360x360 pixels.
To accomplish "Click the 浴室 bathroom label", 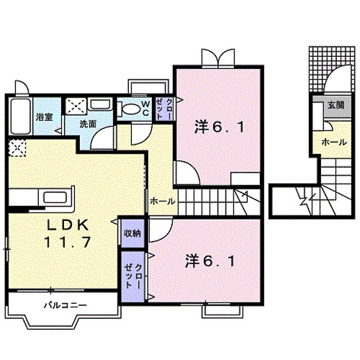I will (43, 117).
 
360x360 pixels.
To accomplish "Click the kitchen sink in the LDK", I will (55, 197).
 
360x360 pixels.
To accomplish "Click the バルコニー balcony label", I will (65, 305).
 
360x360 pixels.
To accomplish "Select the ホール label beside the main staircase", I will (161, 201).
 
